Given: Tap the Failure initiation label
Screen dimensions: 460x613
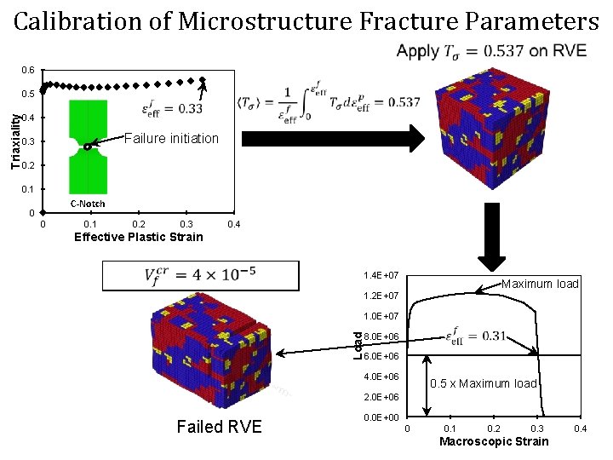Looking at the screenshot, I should pyautogui.click(x=171, y=138).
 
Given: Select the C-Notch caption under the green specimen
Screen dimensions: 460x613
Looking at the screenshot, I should pyautogui.click(x=87, y=204).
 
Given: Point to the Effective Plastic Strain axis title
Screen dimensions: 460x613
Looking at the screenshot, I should pyautogui.click(x=139, y=237).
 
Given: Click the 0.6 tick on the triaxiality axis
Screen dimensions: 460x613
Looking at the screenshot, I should pyautogui.click(x=29, y=70).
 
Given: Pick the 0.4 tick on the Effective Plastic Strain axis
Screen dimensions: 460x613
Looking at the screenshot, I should pyautogui.click(x=235, y=224).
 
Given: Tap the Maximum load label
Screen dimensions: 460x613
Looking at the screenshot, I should pyautogui.click(x=540, y=284).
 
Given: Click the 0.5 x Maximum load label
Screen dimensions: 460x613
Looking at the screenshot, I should pyautogui.click(x=484, y=383).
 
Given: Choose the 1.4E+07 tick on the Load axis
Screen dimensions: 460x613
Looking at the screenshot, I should pyautogui.click(x=381, y=276).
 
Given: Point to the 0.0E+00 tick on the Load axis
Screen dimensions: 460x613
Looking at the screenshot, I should pyautogui.click(x=381, y=417).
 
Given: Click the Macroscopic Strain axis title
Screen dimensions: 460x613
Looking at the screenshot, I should pyautogui.click(x=494, y=441).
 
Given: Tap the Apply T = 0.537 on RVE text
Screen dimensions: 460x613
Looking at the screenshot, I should pyautogui.click(x=491, y=51).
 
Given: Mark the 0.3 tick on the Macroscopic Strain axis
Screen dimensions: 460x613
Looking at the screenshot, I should pyautogui.click(x=537, y=428).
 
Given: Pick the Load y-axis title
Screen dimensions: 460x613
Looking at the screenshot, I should pyautogui.click(x=358, y=344).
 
